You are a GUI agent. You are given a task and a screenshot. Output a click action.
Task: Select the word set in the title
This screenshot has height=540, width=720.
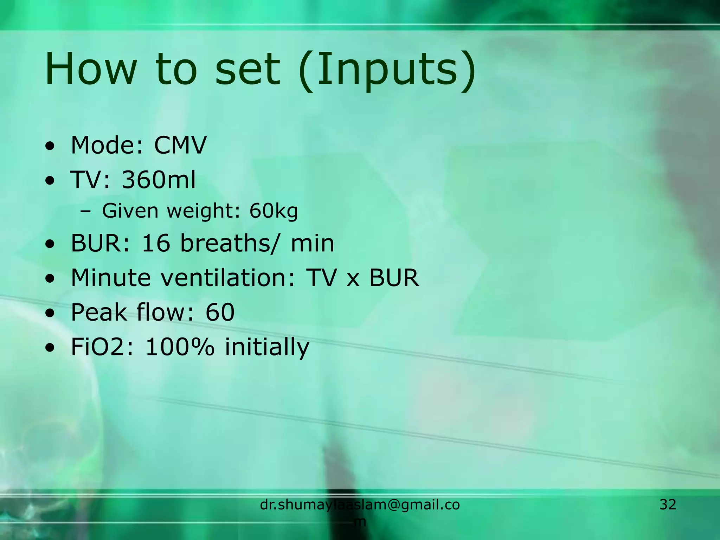[x=247, y=69]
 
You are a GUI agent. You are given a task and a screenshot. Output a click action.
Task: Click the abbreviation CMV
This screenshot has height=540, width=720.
[x=180, y=145]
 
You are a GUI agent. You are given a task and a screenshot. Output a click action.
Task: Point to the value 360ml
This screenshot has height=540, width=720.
[x=159, y=180]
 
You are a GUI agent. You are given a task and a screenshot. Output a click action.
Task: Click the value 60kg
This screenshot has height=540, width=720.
[x=274, y=211]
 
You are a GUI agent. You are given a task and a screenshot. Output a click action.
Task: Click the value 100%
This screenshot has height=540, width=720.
[x=180, y=347]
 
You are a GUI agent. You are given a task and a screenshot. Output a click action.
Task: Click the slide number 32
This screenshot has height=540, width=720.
[x=668, y=504]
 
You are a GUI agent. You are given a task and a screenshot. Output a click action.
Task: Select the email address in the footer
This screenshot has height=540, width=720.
[x=360, y=505]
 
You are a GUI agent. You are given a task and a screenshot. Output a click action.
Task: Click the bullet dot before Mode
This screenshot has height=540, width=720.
[x=50, y=146]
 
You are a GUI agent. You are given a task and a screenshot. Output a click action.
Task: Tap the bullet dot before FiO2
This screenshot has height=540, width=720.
[x=50, y=348]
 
